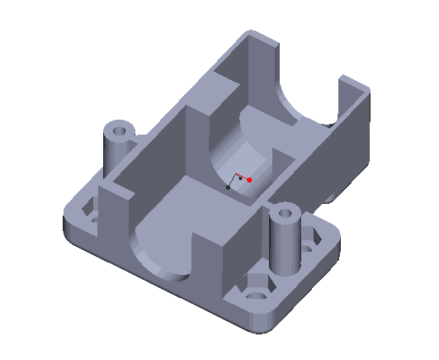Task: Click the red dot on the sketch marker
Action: (248, 179)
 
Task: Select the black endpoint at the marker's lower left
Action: (229, 187)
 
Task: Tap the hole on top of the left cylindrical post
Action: (120, 130)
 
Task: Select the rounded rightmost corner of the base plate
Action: (338, 239)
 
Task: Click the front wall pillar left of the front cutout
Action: (116, 223)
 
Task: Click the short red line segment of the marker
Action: (243, 177)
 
